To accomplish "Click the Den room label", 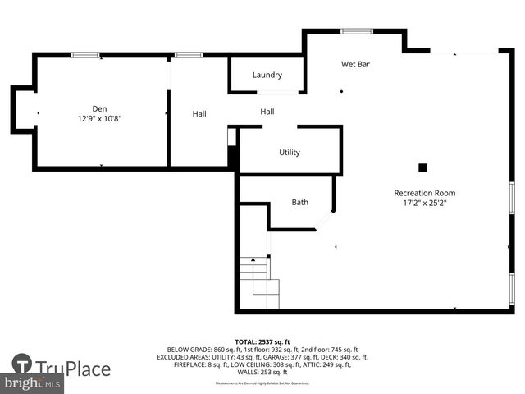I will [99, 108].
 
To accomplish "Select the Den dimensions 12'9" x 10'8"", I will [99, 118].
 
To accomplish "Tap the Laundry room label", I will [267, 75].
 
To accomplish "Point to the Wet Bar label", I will [355, 64].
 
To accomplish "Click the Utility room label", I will [290, 152].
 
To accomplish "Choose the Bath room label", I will [300, 202].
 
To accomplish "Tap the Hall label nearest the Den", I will [199, 114].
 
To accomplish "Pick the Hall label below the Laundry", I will [267, 112].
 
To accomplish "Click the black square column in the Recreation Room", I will [422, 167].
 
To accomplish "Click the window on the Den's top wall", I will [84, 55].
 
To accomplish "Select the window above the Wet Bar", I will [356, 31].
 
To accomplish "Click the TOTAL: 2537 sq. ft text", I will [262, 341].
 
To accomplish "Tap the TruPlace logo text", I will [72, 369].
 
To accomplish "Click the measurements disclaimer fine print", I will [262, 383].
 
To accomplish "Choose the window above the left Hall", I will [189, 55].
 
